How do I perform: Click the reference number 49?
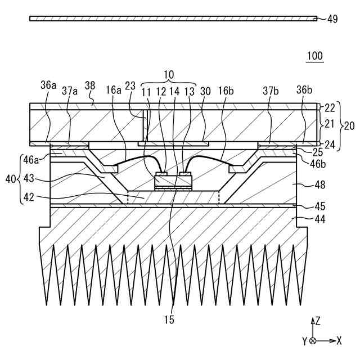coord(332,19)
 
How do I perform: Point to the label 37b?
coord(269,89)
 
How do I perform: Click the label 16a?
coord(113,89)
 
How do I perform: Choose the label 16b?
coord(227,89)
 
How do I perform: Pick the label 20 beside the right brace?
coord(349,127)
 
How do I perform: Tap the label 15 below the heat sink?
coord(169,320)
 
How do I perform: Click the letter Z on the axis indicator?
coord(318,321)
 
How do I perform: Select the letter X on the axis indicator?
coord(339,340)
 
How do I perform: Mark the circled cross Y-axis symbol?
coord(313,340)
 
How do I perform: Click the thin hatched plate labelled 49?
coord(169,19)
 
